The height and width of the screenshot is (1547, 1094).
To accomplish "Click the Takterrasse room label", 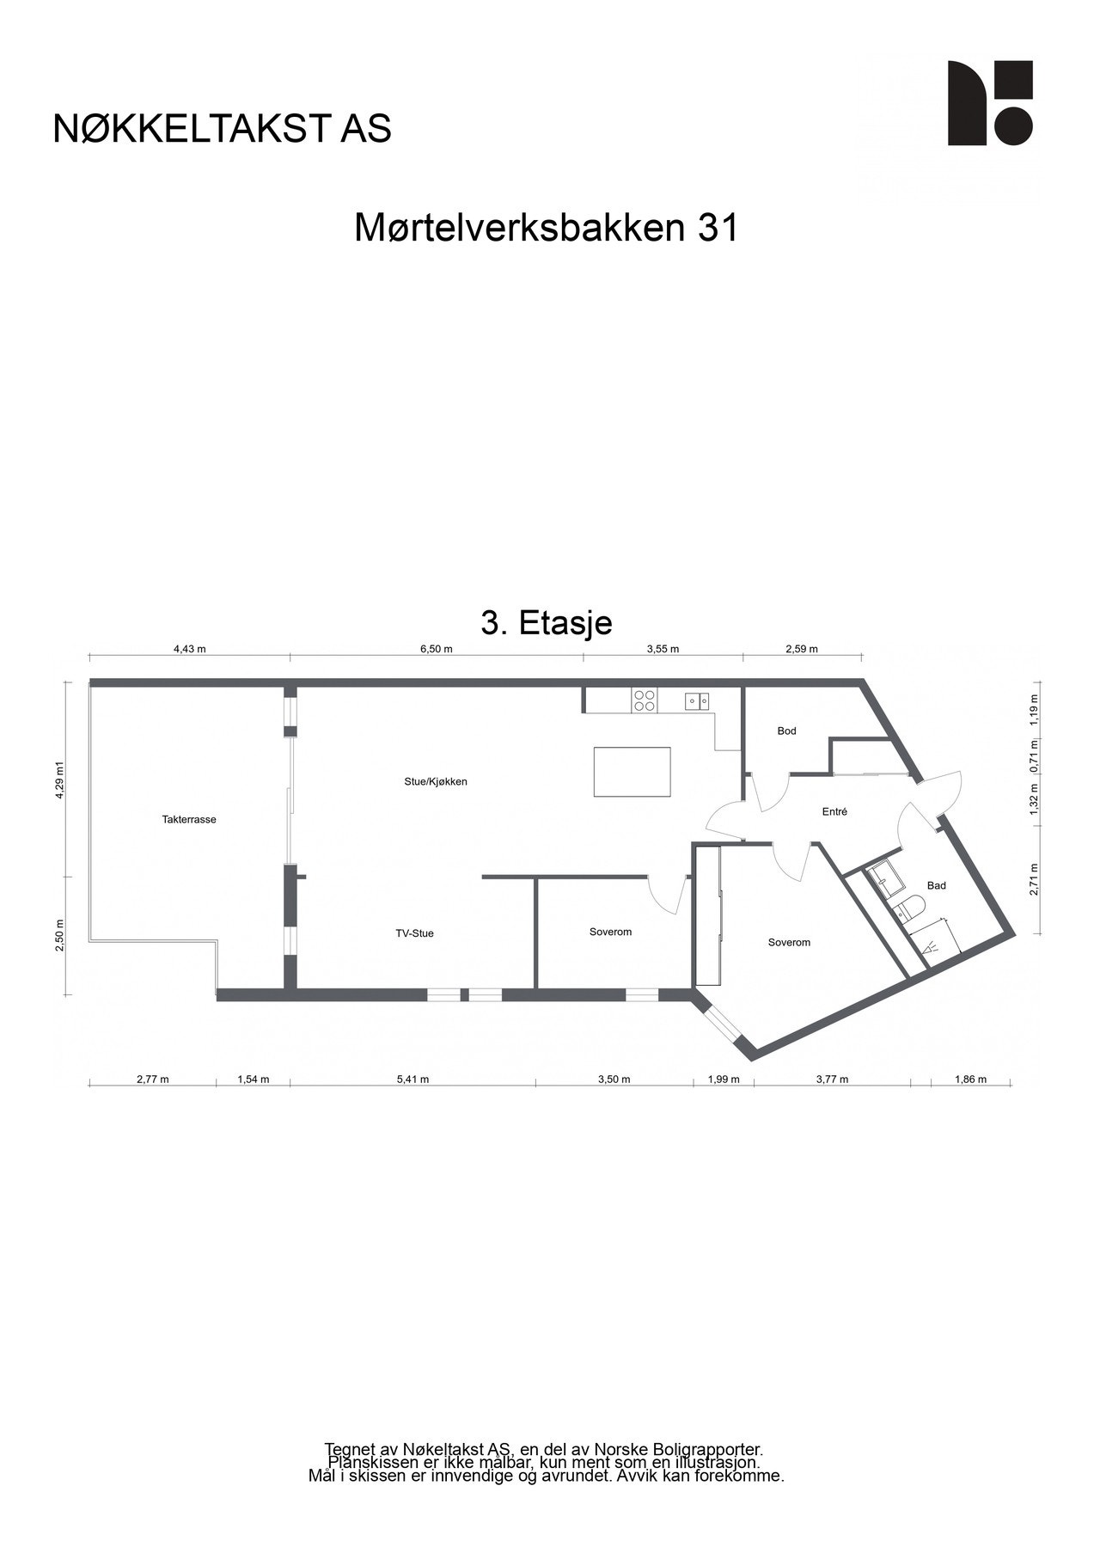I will click(189, 819).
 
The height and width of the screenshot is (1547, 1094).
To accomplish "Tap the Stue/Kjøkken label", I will click(436, 781).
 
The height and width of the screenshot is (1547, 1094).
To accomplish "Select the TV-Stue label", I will click(414, 932).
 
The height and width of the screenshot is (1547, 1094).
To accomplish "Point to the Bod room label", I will click(786, 731).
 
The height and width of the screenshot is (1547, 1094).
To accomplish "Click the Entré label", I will click(834, 810).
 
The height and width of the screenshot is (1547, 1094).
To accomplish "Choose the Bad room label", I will click(936, 885).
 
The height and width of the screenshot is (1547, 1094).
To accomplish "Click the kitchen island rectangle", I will click(633, 772).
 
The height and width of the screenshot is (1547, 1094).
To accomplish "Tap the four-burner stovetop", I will click(645, 701).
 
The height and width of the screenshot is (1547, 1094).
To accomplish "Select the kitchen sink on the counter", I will click(697, 701).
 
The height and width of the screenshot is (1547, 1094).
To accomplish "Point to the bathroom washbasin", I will click(883, 880).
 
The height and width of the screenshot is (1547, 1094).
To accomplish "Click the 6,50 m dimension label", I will click(436, 649).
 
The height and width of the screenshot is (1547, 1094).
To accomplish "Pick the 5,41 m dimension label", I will click(413, 1079).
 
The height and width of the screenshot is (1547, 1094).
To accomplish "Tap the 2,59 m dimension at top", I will click(802, 649).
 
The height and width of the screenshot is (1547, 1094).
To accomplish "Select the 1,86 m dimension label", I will click(970, 1079).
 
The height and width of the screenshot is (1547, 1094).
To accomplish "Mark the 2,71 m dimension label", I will click(1034, 879).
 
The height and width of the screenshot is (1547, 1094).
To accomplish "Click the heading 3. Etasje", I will click(547, 622).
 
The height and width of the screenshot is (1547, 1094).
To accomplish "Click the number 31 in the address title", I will click(718, 229).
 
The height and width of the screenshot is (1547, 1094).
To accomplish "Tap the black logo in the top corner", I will click(990, 103).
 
